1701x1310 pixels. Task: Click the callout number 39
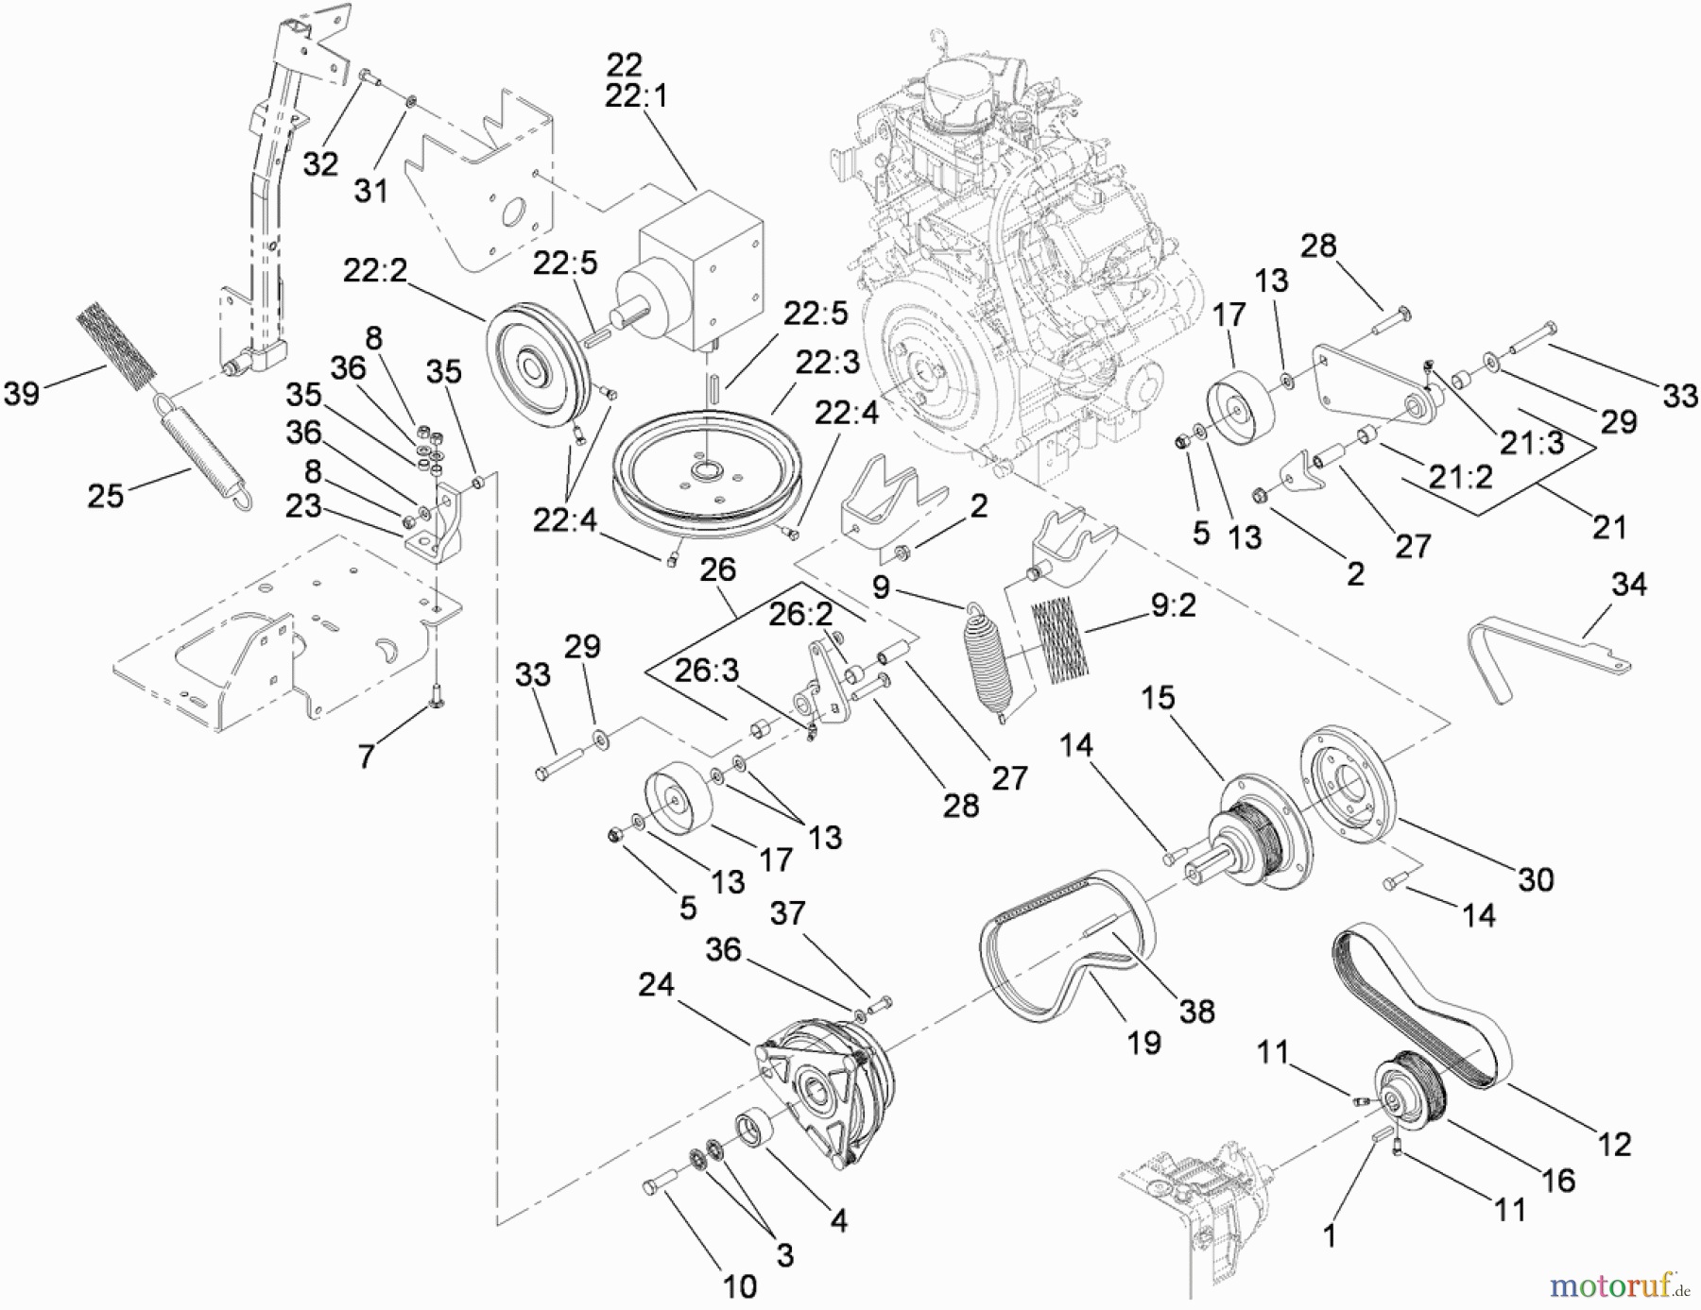22,392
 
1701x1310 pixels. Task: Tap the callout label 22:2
374,271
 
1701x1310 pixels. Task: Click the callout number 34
1629,585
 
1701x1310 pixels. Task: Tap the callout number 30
1536,879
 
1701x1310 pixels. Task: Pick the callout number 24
656,985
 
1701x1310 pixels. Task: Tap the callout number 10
740,1285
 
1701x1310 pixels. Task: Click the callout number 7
366,755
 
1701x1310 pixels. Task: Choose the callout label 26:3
707,671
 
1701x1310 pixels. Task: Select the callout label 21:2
1460,477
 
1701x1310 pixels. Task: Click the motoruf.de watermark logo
1619,1284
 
